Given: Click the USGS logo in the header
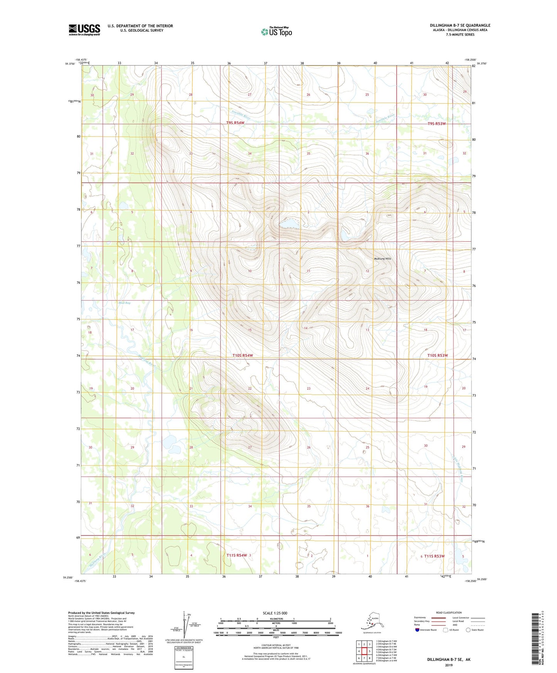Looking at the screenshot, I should [84, 30].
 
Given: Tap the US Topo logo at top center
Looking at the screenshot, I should [276, 31].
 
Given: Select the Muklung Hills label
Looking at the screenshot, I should [382, 259].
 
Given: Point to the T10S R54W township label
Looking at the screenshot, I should [242, 355].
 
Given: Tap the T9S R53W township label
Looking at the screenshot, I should [436, 124].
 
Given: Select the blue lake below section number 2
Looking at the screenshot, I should [290, 224].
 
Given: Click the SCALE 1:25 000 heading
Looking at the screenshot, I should [275, 613].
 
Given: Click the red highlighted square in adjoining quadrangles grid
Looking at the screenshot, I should [364, 651].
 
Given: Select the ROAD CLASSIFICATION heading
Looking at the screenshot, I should [449, 612].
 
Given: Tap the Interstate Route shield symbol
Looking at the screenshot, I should [417, 630].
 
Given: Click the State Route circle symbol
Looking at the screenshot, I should [468, 630].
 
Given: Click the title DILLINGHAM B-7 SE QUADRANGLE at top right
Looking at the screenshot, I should [460, 25].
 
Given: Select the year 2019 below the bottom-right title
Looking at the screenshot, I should [449, 665].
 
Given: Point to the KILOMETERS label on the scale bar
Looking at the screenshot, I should [275, 619].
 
